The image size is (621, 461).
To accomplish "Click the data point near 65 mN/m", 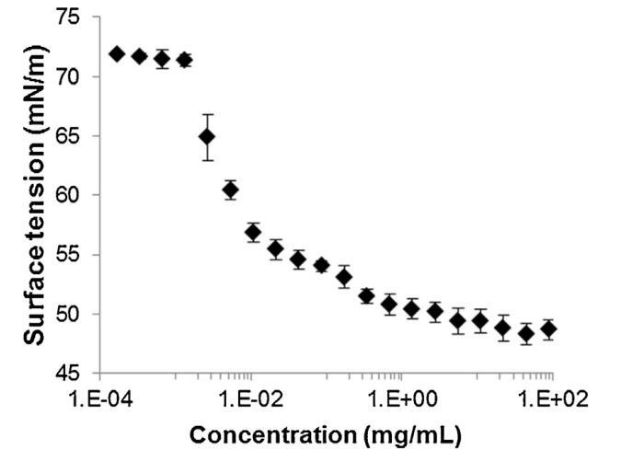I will point(207,137).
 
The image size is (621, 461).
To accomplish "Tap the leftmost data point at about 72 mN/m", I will point(117,54).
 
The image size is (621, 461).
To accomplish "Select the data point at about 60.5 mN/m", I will point(230,190).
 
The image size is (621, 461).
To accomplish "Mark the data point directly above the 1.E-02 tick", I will point(253,232).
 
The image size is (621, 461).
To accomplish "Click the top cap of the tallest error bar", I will point(207,114).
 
